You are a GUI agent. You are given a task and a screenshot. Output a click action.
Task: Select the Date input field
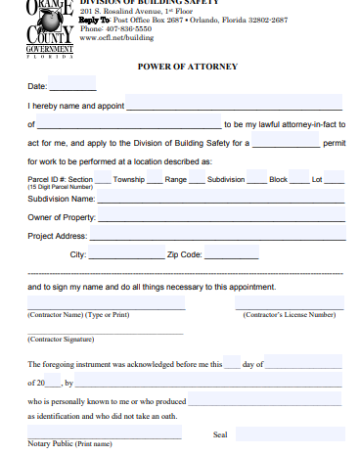[72, 85]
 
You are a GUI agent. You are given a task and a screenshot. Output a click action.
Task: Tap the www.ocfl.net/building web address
[123, 37]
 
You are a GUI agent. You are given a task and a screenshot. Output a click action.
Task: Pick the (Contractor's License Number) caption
[289, 314]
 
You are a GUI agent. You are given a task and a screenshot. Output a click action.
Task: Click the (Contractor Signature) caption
[61, 338]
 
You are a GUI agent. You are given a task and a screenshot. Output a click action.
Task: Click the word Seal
[220, 433]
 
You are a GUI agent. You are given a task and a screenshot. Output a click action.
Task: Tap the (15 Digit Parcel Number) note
[61, 187]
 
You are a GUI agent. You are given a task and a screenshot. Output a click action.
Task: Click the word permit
[334, 142]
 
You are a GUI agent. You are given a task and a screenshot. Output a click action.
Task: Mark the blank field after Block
[298, 180]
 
